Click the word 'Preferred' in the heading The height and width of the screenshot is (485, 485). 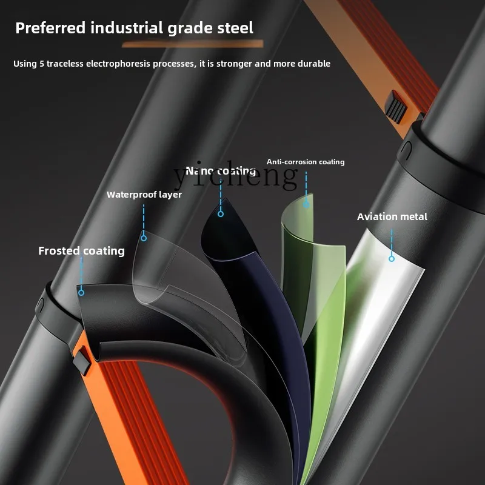[x=48, y=28]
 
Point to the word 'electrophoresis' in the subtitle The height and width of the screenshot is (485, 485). [x=137, y=64]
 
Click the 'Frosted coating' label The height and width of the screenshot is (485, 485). [x=81, y=251]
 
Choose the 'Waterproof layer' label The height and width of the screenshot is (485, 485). [x=144, y=195]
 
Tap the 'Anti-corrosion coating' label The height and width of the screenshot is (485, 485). [x=306, y=162]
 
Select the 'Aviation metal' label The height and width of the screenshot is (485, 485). [x=392, y=216]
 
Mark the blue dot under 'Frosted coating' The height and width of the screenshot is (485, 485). [x=81, y=292]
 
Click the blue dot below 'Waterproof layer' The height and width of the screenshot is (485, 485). [x=144, y=238]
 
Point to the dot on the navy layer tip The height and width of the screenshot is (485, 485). [x=221, y=213]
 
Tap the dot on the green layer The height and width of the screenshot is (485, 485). [x=306, y=204]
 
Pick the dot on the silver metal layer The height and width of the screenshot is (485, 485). [x=392, y=258]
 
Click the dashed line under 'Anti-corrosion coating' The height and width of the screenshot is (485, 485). [x=306, y=185]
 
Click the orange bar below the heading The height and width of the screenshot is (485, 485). [x=193, y=44]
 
